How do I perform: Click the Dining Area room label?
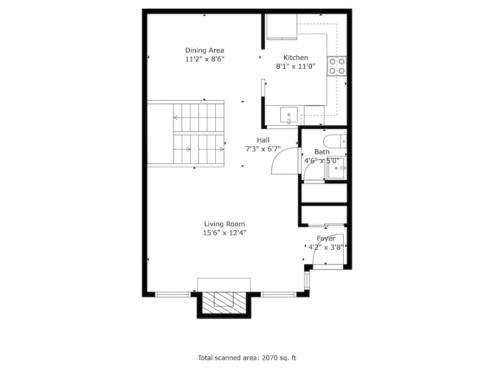tap(204, 50)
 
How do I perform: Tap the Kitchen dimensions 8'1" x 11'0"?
tap(296, 67)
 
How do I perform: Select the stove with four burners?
tap(337, 66)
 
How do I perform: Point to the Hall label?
tap(264, 140)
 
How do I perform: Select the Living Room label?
tap(224, 224)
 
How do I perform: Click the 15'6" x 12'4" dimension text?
tap(224, 233)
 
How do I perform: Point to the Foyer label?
tap(326, 238)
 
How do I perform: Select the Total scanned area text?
tap(247, 358)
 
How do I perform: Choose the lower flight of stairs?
tap(198, 149)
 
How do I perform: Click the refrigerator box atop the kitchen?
tap(281, 27)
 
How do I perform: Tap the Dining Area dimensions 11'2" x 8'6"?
tap(204, 60)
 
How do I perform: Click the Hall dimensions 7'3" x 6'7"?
tap(264, 148)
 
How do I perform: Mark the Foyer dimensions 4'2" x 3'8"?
tap(326, 247)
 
